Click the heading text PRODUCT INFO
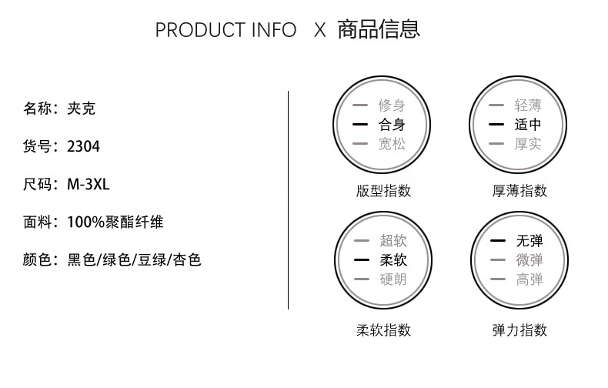pos(225,30)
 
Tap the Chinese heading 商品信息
pos(379,29)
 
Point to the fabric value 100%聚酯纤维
pos(115,222)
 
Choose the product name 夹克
pos(82,109)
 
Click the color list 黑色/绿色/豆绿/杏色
pos(134,260)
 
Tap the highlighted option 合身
pos(392,125)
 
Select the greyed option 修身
pos(392,105)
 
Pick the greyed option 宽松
pos(392,144)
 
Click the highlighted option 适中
pos(528,125)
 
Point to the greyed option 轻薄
pos(528,105)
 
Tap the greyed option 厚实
pos(528,144)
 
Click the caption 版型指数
pos(383,191)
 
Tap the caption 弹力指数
pos(519,330)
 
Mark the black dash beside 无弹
pos(498,241)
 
